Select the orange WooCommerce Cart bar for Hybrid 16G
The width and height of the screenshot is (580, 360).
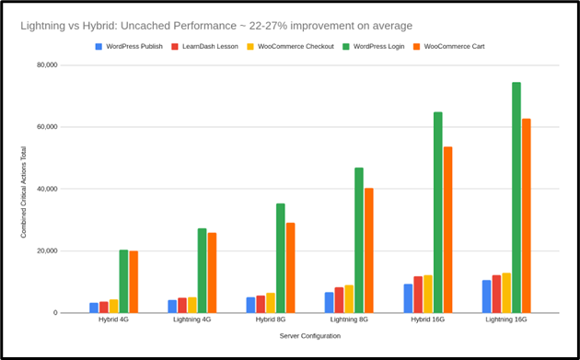coord(447,230)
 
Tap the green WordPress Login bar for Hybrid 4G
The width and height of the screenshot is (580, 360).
coord(123,282)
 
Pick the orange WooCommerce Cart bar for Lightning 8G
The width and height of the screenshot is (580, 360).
coord(369,250)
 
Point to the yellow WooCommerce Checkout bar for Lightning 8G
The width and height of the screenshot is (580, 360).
coord(349,299)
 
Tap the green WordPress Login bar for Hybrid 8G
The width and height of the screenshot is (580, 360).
coord(281,259)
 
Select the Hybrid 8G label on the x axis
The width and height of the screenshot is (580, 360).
coord(271,320)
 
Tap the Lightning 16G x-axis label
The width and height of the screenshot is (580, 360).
coord(506,320)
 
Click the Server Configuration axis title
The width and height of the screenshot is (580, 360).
coord(310,336)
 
